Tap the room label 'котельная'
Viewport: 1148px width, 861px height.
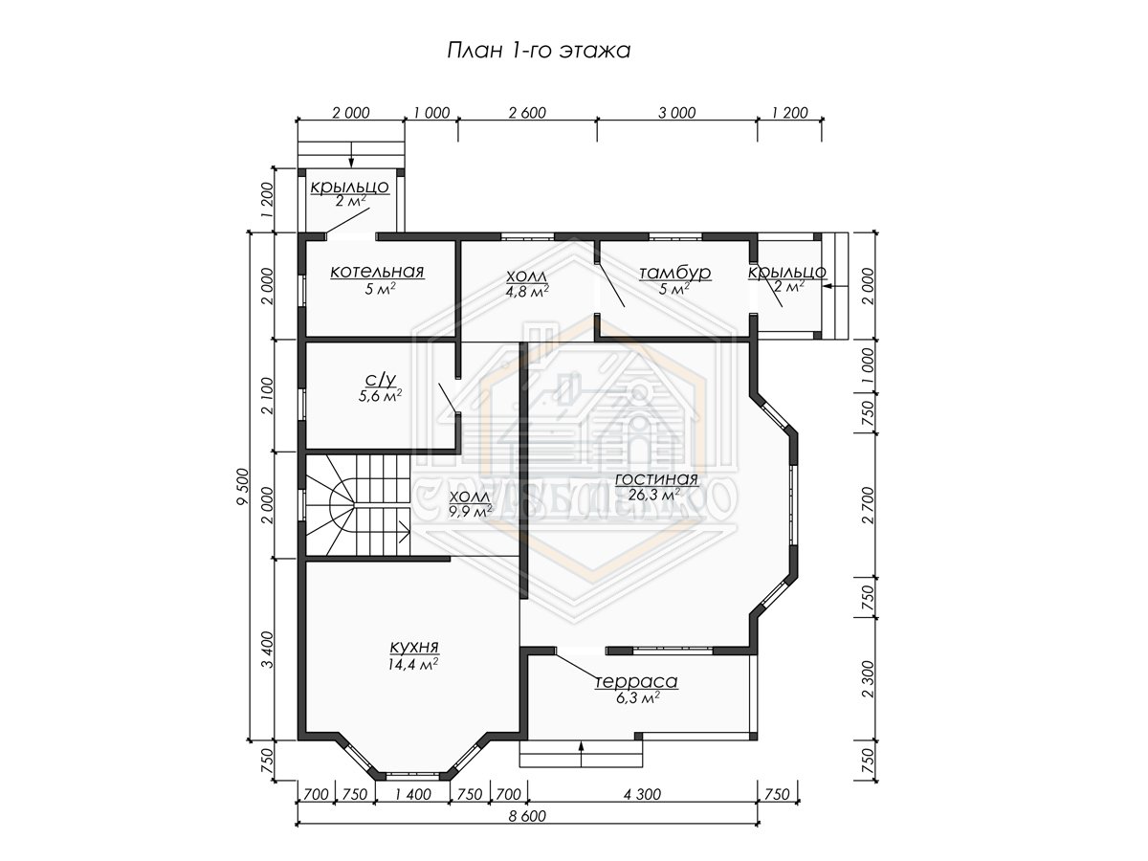[x=377, y=272]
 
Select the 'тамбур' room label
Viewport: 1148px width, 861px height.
[x=674, y=273]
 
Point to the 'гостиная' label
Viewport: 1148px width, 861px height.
[x=656, y=479]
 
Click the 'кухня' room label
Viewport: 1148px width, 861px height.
[x=415, y=648]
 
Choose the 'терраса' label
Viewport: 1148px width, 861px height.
[x=636, y=682]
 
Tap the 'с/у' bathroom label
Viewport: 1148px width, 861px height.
[x=380, y=378]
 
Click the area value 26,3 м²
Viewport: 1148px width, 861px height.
[x=654, y=495]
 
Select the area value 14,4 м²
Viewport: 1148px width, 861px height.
[x=412, y=664]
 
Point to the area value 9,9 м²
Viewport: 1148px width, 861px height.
[x=470, y=511]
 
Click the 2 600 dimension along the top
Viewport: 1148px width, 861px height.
[x=527, y=112]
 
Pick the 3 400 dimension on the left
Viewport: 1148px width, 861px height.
[x=267, y=650]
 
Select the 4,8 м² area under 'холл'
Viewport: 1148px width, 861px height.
[x=527, y=290]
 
